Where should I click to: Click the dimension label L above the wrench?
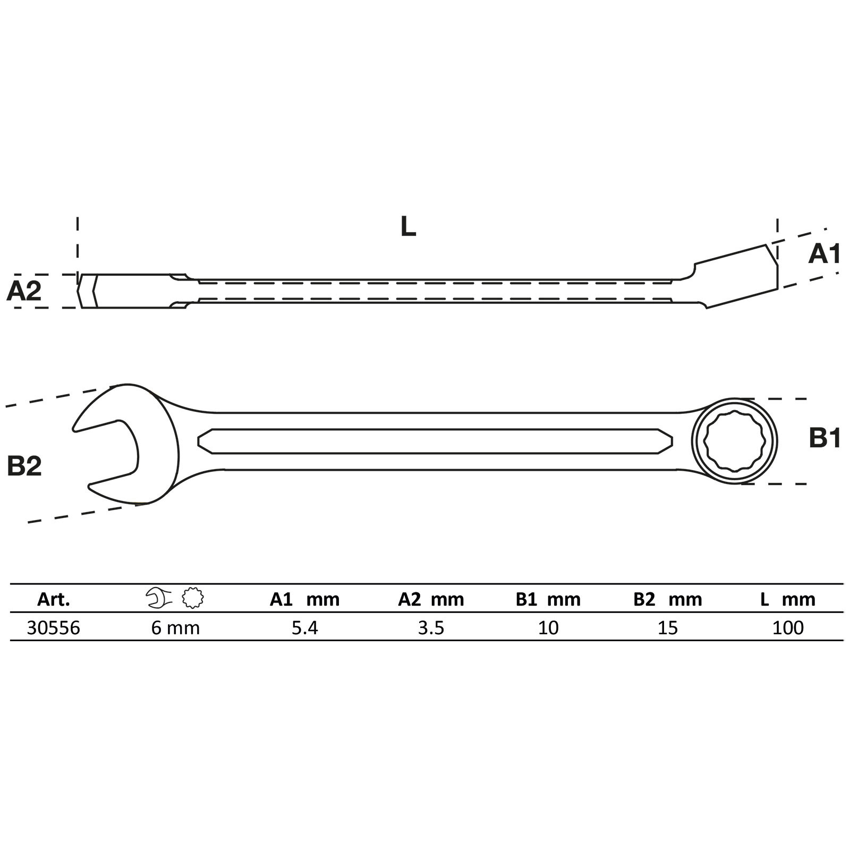click(x=408, y=227)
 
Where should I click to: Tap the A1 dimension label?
click(x=824, y=254)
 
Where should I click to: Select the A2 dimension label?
click(x=24, y=291)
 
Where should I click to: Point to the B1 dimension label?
click(x=824, y=439)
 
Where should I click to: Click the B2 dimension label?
click(x=24, y=466)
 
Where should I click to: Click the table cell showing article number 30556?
click(x=53, y=628)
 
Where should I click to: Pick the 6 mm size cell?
click(x=175, y=628)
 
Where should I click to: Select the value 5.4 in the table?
click(x=304, y=628)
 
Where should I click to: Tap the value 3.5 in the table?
click(x=431, y=628)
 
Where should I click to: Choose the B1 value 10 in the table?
click(x=548, y=628)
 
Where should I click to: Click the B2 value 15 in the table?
click(x=668, y=628)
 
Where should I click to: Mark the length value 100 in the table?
click(x=788, y=628)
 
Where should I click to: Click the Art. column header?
click(x=54, y=600)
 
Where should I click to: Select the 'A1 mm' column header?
click(x=304, y=600)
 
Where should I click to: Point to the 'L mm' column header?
click(x=787, y=600)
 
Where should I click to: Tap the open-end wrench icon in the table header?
click(x=159, y=598)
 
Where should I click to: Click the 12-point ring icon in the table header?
click(x=193, y=598)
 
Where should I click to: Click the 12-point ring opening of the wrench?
click(x=735, y=441)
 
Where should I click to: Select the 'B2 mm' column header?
click(x=668, y=600)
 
